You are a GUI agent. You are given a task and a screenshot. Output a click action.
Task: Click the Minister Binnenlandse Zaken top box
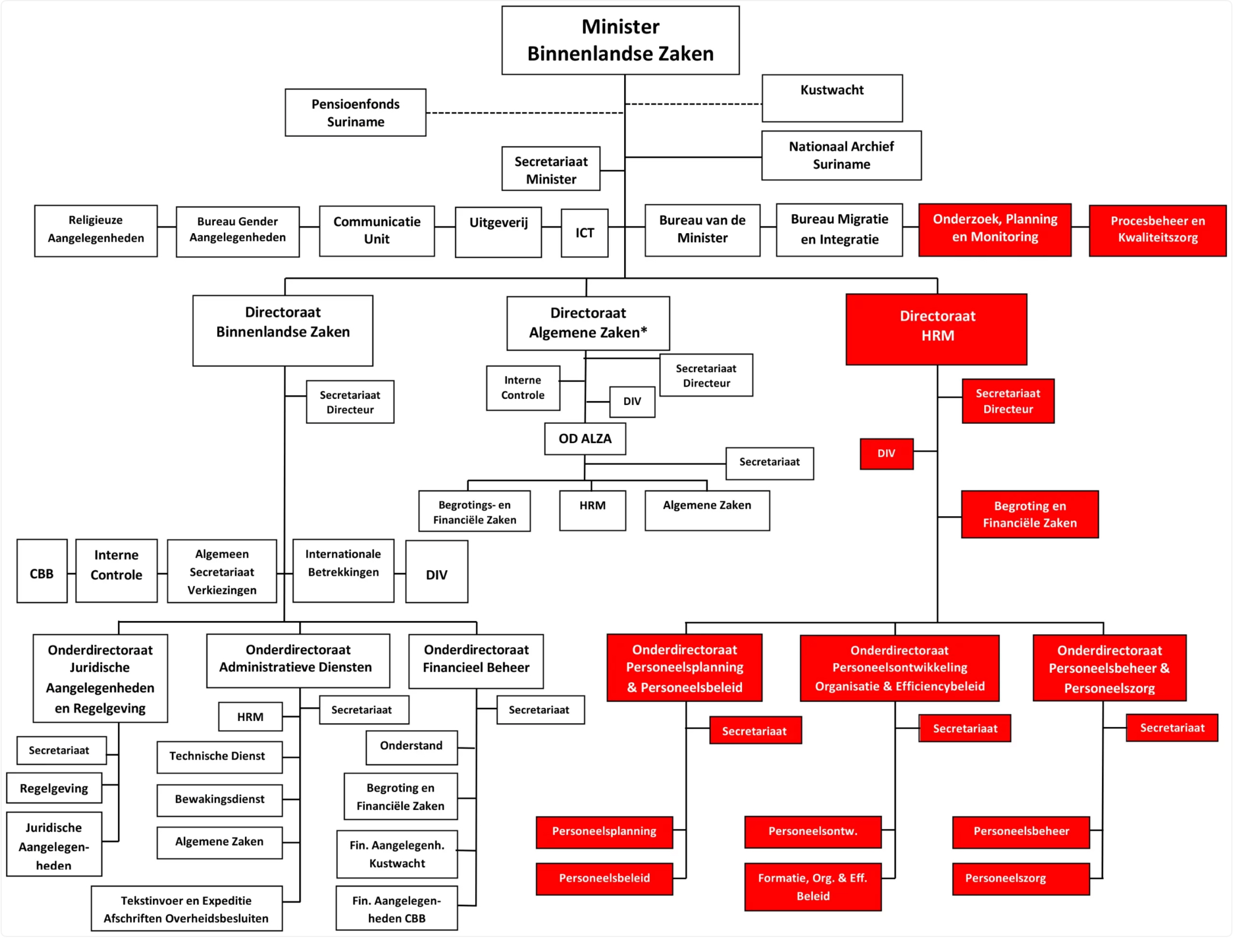[x=620, y=40]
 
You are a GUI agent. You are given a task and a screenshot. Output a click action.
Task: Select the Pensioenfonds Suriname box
[x=355, y=112]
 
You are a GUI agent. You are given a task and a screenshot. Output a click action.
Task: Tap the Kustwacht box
[x=832, y=98]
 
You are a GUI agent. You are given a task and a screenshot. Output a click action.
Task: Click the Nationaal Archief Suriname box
[x=841, y=155]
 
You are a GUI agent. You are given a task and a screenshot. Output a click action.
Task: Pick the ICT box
[x=584, y=233]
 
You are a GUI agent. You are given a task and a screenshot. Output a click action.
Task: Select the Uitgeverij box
[x=498, y=233]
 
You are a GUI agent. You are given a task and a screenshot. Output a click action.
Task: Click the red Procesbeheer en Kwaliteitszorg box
[x=1157, y=230]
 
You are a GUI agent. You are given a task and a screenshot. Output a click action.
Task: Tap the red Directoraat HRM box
[x=936, y=329]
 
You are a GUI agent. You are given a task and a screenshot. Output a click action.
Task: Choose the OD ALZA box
[x=585, y=438]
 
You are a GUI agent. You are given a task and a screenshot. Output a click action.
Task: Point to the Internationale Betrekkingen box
[x=343, y=571]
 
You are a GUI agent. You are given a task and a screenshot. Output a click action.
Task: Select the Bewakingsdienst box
[x=219, y=800]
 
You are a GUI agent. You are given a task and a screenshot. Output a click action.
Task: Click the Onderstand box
[x=412, y=747]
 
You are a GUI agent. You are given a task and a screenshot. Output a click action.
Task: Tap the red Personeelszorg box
[x=1020, y=879]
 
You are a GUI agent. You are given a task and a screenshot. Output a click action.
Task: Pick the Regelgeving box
[x=54, y=788]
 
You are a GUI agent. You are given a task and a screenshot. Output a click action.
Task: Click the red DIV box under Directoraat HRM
[x=886, y=454]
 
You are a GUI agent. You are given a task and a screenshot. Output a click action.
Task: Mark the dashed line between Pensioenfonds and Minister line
[x=524, y=113]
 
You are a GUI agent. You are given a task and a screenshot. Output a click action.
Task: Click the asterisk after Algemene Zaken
[x=643, y=330]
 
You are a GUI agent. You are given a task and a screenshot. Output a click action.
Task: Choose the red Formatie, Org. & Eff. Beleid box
[x=812, y=887]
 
